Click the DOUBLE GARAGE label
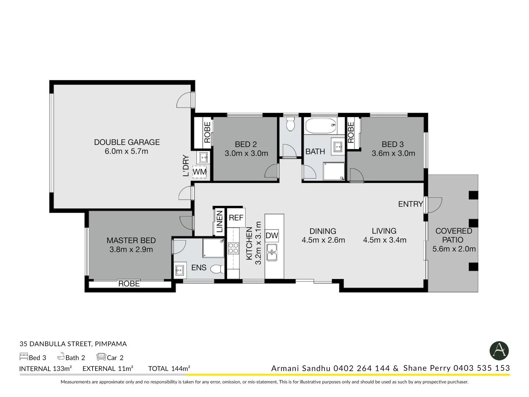click(127, 142)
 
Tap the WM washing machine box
click(199, 172)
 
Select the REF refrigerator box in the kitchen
click(236, 218)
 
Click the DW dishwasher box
click(272, 236)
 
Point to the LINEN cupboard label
click(219, 222)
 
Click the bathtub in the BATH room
click(321, 126)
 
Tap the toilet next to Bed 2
click(291, 124)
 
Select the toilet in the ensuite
click(218, 269)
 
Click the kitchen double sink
click(272, 252)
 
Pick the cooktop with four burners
click(233, 248)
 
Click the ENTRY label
click(410, 204)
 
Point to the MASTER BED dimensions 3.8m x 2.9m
click(131, 250)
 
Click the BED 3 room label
click(392, 144)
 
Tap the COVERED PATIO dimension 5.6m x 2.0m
click(454, 249)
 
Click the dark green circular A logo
click(499, 351)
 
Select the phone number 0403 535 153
click(482, 368)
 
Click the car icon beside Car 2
click(101, 357)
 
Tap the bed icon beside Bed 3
click(24, 357)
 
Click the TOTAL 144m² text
click(169, 368)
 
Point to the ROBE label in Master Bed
click(129, 284)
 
